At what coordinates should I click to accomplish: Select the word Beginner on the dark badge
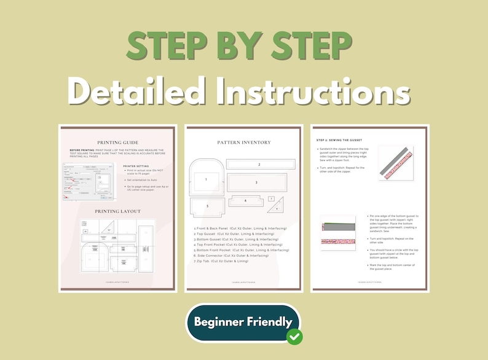(x=219, y=321)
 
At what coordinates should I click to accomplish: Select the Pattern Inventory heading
(x=243, y=143)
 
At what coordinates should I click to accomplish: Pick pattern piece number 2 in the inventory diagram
(x=259, y=165)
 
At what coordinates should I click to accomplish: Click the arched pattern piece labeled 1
(x=206, y=179)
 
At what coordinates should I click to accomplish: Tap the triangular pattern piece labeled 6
(x=278, y=208)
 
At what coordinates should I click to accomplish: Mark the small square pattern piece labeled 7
(x=272, y=199)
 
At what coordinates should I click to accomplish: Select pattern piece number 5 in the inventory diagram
(x=207, y=206)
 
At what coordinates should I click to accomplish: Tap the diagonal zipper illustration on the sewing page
(x=396, y=163)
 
